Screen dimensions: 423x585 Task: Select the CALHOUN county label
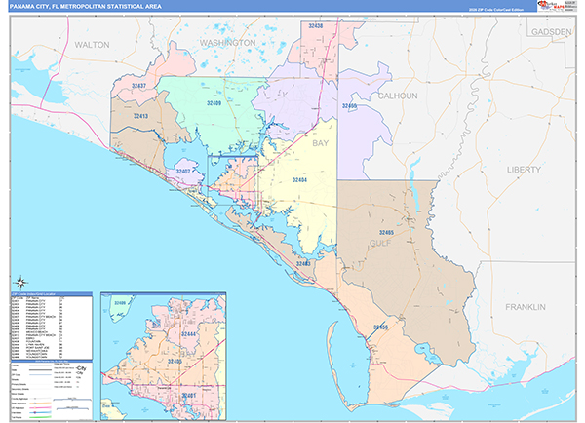[x=398, y=96]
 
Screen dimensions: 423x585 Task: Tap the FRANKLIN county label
[x=526, y=307]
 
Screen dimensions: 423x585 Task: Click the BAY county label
[x=321, y=142]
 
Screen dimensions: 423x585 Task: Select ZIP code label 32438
[x=315, y=26]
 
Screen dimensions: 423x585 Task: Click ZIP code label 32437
[x=138, y=86]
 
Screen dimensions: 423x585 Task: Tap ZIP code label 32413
[x=140, y=115]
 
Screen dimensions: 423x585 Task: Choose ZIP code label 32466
[x=349, y=104]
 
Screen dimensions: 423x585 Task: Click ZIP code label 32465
[x=386, y=232]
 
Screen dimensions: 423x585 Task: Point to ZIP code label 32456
[x=380, y=327]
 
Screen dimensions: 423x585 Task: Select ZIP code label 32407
[x=183, y=172]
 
